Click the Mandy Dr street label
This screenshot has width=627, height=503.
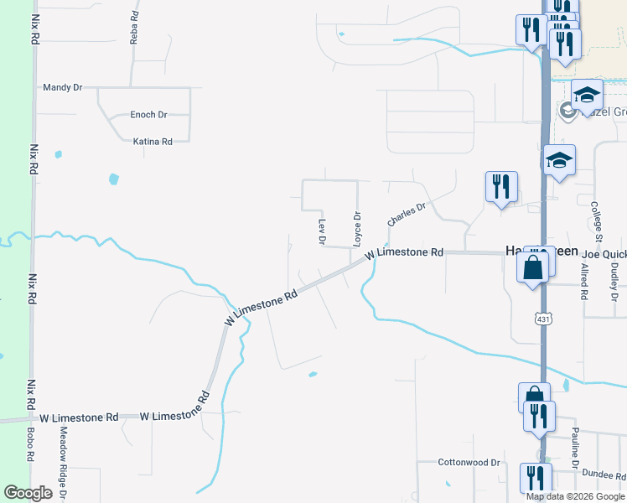click(x=62, y=86)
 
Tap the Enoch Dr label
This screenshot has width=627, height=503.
click(x=148, y=115)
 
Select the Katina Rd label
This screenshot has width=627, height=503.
click(x=153, y=142)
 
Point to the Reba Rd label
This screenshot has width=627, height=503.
click(x=133, y=27)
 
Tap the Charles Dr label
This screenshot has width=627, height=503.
click(x=407, y=213)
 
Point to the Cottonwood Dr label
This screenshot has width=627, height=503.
click(x=469, y=462)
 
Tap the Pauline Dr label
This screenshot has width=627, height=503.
click(x=576, y=452)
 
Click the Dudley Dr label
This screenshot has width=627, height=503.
click(x=614, y=282)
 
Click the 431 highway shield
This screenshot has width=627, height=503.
click(x=543, y=318)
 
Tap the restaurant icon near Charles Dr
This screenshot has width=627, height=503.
click(x=501, y=186)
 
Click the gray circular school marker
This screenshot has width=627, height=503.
click(x=567, y=111)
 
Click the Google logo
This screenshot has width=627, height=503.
click(x=28, y=493)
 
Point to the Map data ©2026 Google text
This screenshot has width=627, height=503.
click(x=575, y=496)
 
